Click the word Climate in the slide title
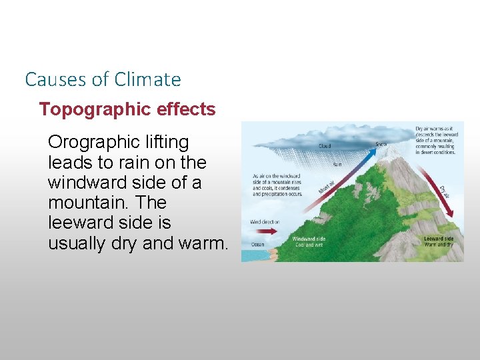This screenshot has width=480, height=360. click(147, 79)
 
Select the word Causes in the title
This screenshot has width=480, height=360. click(56, 79)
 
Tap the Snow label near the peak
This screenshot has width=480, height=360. click(381, 143)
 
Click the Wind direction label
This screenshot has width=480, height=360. click(265, 221)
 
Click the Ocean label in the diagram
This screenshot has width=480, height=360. click(257, 245)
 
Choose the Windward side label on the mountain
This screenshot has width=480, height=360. click(309, 239)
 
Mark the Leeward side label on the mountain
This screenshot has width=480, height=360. click(438, 239)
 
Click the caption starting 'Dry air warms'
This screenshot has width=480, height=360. click(435, 140)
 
